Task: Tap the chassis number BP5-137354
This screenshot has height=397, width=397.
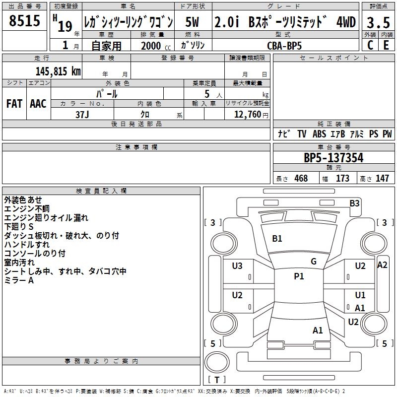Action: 333,158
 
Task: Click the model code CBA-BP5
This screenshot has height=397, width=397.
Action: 284,45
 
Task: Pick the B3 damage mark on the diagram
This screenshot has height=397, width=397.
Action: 354,203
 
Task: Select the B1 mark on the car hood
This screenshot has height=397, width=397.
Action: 277,239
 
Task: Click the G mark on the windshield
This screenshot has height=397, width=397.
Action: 313,262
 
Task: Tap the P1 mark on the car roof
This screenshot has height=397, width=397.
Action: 299,276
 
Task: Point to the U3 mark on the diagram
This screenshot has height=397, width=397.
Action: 237,266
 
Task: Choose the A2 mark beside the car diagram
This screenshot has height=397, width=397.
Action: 382,265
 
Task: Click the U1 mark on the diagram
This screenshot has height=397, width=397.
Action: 360,295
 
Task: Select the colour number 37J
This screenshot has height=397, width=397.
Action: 82,114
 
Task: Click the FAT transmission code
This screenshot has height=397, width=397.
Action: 14,103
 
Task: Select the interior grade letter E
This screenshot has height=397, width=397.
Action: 386,45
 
